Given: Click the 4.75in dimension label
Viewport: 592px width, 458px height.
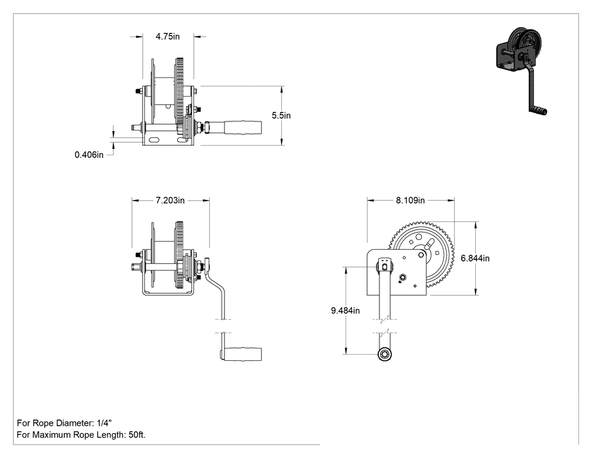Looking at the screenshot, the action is pyautogui.click(x=167, y=37).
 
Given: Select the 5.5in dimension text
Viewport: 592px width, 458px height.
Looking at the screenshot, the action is pyautogui.click(x=281, y=115).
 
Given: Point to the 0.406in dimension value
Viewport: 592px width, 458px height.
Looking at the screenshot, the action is pyautogui.click(x=89, y=155).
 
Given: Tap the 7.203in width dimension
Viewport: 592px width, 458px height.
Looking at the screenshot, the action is pyautogui.click(x=170, y=200).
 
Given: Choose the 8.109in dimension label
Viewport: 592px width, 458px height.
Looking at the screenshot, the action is pyautogui.click(x=410, y=200).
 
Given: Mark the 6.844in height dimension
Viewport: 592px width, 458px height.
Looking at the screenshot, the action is pyautogui.click(x=475, y=258).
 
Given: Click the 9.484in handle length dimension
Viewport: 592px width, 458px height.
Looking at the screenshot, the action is pyautogui.click(x=346, y=311).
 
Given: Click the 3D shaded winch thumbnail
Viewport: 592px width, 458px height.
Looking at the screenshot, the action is pyautogui.click(x=522, y=71).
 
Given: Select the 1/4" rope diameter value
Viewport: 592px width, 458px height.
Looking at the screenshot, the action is pyautogui.click(x=104, y=423).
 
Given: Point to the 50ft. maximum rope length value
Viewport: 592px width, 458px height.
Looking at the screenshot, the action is pyautogui.click(x=136, y=435).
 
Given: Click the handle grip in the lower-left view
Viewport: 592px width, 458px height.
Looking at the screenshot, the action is pyautogui.click(x=243, y=353).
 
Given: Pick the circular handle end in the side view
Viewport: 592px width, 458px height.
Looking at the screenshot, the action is pyautogui.click(x=385, y=355).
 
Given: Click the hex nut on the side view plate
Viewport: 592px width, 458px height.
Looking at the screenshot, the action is pyautogui.click(x=403, y=278).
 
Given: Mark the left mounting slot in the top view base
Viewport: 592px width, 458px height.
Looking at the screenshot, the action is pyautogui.click(x=154, y=140).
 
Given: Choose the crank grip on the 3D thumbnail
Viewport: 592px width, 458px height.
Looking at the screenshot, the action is pyautogui.click(x=538, y=111).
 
